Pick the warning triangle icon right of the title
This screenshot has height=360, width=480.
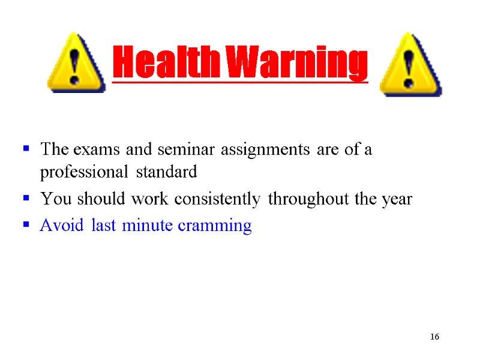(x=411, y=66)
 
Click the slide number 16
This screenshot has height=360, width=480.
(x=434, y=336)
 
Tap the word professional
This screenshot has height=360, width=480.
(x=83, y=173)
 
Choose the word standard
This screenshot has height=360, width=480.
(x=166, y=173)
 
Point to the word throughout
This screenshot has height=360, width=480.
(x=308, y=199)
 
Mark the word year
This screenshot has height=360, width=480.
(x=396, y=200)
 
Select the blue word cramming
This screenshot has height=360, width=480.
(x=222, y=226)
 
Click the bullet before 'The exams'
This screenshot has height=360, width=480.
(x=26, y=148)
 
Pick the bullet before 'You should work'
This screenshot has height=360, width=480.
(x=26, y=198)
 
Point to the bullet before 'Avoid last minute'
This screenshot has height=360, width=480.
(x=26, y=225)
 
